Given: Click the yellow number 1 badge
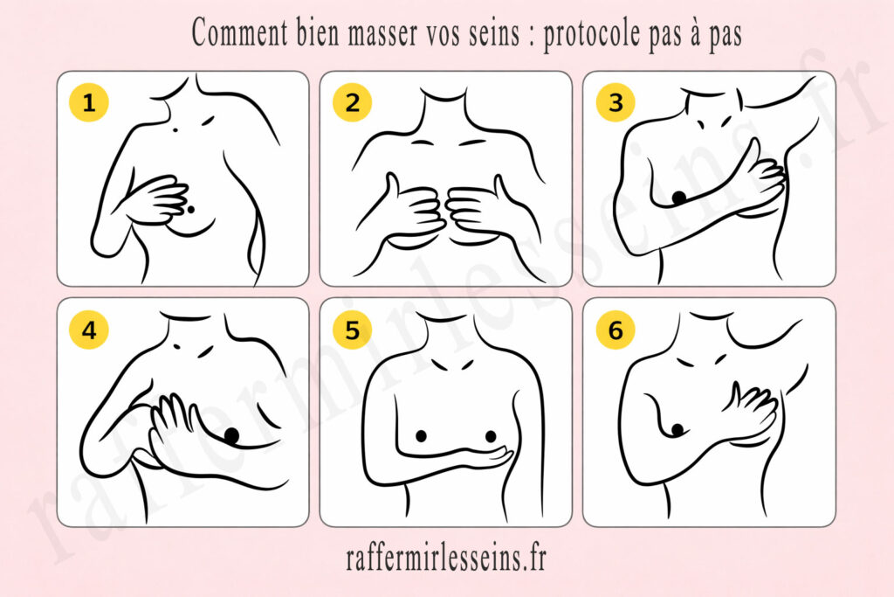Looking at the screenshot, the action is tap(88, 102).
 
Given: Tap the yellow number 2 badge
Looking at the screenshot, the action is tap(353, 102).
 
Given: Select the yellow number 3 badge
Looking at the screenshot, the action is tap(615, 102).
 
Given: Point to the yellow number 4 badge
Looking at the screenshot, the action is tap(88, 330).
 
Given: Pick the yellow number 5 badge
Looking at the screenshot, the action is tap(353, 330).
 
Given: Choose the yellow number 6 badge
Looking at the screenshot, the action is tap(615, 330).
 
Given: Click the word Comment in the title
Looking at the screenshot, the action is tap(239, 33).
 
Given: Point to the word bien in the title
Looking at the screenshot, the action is tap(317, 33).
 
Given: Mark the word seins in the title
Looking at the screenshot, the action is tap(495, 34).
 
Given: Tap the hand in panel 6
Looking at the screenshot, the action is tap(752, 410).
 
